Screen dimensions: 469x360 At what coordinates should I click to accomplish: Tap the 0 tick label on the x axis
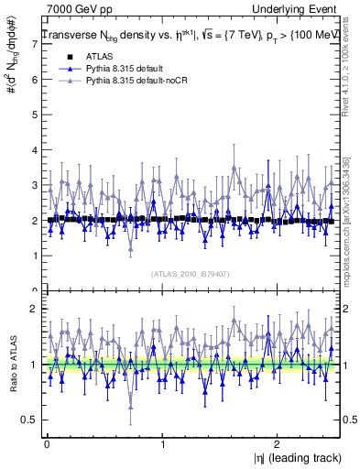point(46,443)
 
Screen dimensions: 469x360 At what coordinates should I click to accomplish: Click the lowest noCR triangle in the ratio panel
point(131,408)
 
